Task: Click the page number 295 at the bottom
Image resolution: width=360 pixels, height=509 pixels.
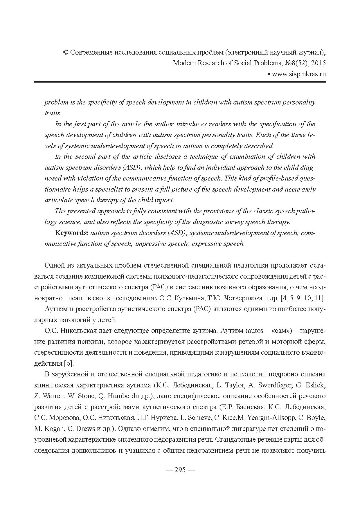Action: point(180,470)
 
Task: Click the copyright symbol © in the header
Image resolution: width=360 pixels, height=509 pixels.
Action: point(65,53)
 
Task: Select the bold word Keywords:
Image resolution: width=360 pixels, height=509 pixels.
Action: point(72,233)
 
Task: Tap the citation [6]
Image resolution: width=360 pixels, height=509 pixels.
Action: point(69,363)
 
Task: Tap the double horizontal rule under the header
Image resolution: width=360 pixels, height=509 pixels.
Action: point(180,82)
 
